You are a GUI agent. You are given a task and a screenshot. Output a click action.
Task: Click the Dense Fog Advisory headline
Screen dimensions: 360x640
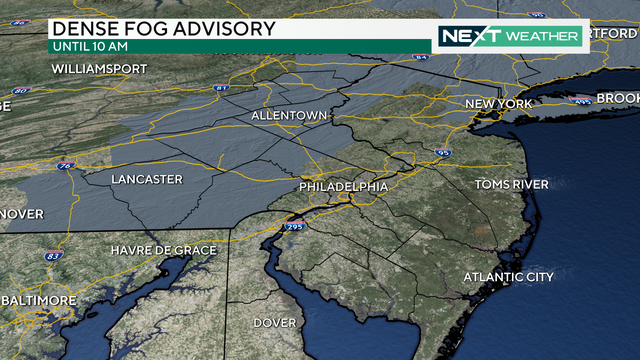(x=161, y=28)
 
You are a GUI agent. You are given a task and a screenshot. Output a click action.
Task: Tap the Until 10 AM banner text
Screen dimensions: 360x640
(x=90, y=46)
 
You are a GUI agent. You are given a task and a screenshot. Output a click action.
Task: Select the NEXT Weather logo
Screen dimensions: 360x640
(x=510, y=37)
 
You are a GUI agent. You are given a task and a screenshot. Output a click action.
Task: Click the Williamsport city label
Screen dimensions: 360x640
(x=98, y=69)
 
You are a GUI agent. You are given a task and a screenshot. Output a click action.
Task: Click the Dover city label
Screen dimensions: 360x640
(x=274, y=323)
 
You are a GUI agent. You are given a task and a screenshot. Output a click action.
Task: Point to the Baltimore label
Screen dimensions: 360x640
(x=38, y=300)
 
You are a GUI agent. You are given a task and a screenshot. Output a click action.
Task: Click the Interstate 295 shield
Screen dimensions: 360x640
(x=296, y=229)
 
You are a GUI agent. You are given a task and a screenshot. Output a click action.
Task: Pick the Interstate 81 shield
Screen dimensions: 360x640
(x=221, y=89)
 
